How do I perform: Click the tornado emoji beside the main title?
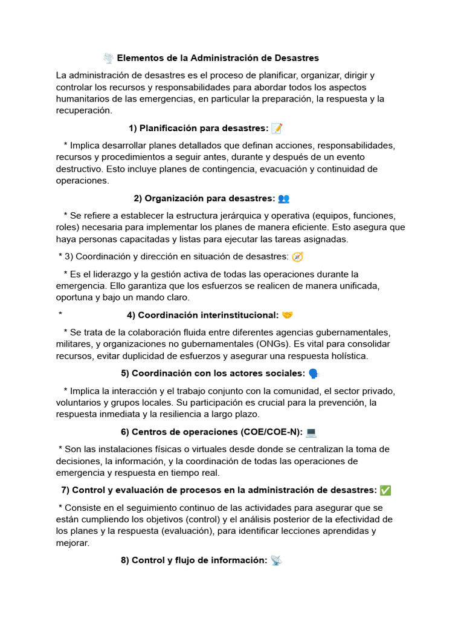point(108,58)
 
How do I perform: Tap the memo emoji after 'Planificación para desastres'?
point(277,128)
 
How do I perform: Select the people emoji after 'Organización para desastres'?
point(283,198)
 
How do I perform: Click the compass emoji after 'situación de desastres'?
point(297,256)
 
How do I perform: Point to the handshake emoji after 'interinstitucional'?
point(288,315)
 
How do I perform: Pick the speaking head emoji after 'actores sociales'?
point(313,374)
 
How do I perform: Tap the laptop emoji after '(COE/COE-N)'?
point(311,432)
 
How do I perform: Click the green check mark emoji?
point(385,490)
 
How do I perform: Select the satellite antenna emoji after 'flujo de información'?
point(276,560)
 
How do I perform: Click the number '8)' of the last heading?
point(124,560)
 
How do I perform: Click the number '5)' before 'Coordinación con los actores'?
point(125,374)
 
